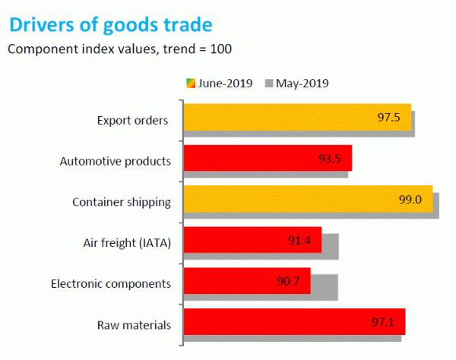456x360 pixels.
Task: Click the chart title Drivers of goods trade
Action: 110,26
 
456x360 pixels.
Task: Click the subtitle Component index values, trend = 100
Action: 119,49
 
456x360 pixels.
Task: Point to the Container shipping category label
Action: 121,203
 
